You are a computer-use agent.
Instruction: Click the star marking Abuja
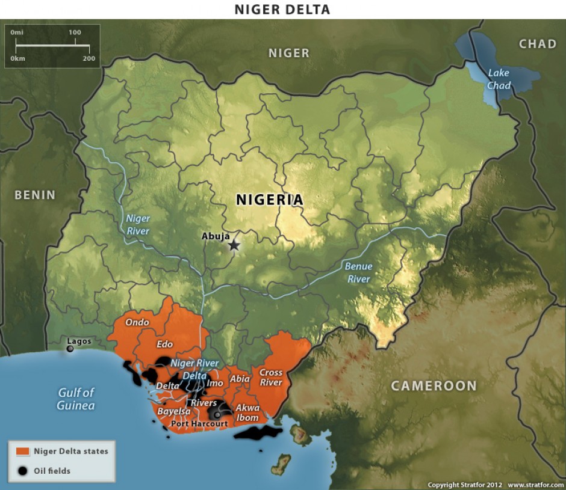(x=234, y=245)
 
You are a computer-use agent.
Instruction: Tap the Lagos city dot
(x=70, y=349)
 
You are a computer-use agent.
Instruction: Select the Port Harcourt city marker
(x=217, y=415)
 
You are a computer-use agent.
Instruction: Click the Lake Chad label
(x=499, y=79)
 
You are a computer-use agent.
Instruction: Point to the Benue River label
(x=358, y=272)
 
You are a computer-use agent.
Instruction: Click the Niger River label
(x=138, y=225)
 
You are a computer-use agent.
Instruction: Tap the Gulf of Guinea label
(x=76, y=399)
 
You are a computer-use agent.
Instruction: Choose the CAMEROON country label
(x=434, y=386)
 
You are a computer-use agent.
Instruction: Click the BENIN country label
(x=35, y=195)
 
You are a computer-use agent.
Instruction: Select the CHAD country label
(x=538, y=44)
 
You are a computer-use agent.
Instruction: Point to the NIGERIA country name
(x=269, y=200)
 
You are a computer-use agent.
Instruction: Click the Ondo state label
(x=137, y=322)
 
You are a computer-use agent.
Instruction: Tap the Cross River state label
(x=271, y=378)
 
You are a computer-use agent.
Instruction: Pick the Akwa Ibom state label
(x=247, y=412)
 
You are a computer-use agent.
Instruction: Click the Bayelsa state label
(x=174, y=412)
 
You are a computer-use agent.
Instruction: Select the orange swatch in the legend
(x=23, y=451)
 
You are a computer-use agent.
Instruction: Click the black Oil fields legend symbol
(x=23, y=471)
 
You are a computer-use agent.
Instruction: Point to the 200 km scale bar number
(x=89, y=58)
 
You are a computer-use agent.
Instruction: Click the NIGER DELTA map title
(x=282, y=9)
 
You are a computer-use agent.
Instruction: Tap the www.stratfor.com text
(x=535, y=485)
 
